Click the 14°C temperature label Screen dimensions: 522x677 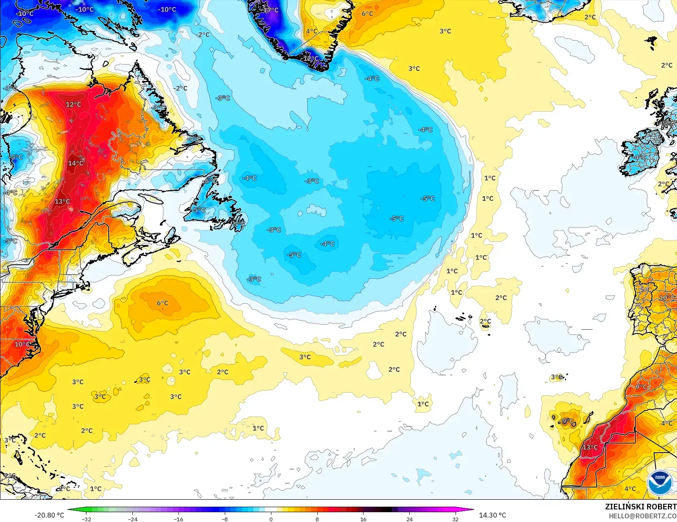[x=76, y=163]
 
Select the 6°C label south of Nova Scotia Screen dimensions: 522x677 [x=162, y=303]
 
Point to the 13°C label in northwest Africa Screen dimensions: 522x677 [x=590, y=447]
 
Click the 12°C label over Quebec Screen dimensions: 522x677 [x=73, y=104]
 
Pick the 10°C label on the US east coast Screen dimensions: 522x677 [x=22, y=344]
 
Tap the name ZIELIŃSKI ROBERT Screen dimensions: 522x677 [x=640, y=507]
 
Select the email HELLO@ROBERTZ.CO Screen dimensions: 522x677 [x=643, y=516]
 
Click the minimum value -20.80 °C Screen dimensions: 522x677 [x=49, y=515]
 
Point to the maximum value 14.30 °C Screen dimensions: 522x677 [x=492, y=515]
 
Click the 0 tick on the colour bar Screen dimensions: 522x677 [x=271, y=519]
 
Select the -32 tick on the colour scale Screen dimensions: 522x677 [x=86, y=519]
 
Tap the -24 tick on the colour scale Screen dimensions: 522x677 [x=133, y=519]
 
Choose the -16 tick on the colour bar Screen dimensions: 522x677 [x=178, y=519]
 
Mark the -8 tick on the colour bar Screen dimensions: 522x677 [x=225, y=519]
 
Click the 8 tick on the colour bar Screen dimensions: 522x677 [x=317, y=519]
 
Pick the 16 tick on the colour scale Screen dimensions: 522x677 [x=363, y=519]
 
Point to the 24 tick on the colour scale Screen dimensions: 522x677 [x=409, y=519]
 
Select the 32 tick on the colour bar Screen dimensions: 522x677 [x=456, y=519]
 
